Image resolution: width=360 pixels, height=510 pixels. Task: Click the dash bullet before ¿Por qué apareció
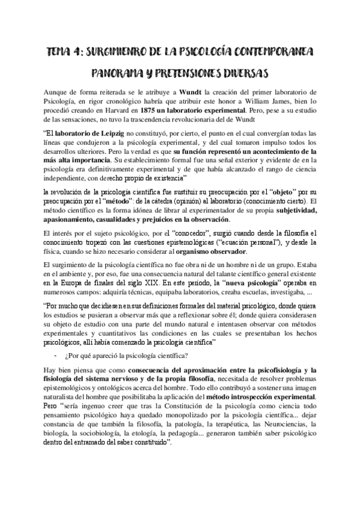(56, 354)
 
